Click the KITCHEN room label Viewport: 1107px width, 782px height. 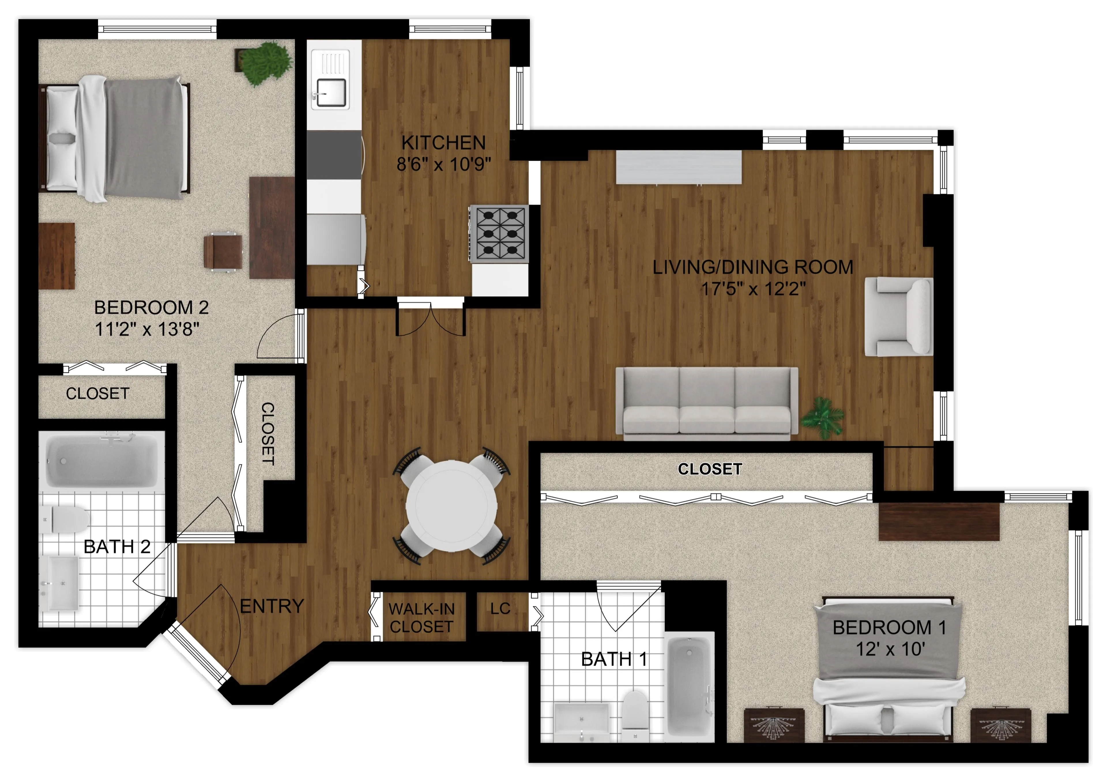tap(444, 143)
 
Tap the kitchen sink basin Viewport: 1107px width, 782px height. tap(330, 92)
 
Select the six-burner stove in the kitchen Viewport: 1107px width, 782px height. tap(500, 234)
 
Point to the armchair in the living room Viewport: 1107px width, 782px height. tap(899, 317)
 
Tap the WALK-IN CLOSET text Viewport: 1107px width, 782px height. tap(421, 618)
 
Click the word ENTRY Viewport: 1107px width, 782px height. tap(272, 606)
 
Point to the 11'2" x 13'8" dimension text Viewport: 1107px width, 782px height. tap(147, 330)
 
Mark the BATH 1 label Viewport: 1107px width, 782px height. tap(614, 659)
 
